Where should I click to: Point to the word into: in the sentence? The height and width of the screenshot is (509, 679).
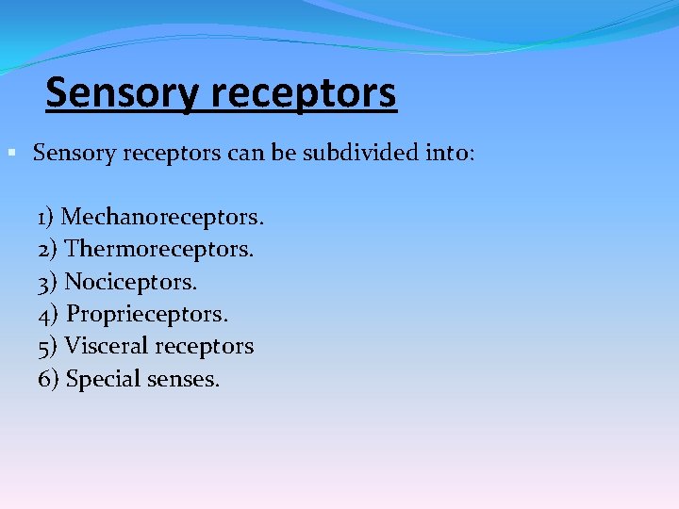448,153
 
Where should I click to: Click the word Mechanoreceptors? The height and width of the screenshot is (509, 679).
162,218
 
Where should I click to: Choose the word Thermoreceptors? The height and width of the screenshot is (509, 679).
159,250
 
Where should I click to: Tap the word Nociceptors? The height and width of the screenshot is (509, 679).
131,282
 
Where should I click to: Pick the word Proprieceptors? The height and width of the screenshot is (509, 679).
148,314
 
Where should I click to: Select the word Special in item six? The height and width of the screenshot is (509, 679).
102,379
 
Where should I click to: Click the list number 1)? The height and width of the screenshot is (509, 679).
47,218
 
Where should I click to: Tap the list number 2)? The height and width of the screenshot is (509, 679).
48,250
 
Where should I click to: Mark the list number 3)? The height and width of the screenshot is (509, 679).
48,282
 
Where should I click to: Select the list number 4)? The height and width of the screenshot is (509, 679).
49,314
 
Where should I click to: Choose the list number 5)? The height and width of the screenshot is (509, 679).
48,346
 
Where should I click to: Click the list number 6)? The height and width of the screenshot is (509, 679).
49,379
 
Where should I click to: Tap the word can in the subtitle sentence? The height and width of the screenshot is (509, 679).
244,153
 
